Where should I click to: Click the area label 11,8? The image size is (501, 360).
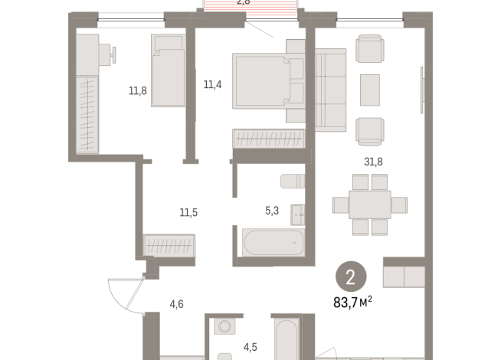coord(138,90)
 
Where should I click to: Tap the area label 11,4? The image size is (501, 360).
coord(212,85)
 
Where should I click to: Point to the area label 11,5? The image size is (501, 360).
coord(188,212)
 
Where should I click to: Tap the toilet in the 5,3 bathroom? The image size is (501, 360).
coord(293,182)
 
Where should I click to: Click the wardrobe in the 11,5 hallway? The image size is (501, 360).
coord(169,245)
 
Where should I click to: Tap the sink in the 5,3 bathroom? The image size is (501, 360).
coord(299,214)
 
